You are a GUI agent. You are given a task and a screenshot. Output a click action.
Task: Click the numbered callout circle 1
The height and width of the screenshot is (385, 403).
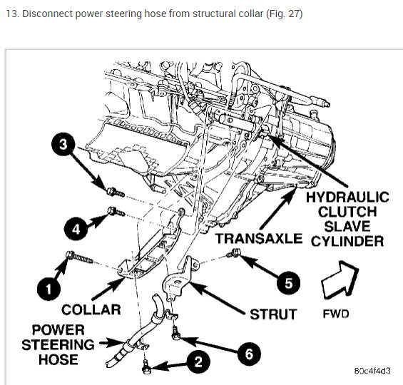pos(49,289)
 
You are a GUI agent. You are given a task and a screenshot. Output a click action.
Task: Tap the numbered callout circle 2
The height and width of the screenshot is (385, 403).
pos(198,362)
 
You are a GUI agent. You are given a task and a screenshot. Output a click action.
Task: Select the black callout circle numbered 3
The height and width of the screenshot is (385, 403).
pos(63,144)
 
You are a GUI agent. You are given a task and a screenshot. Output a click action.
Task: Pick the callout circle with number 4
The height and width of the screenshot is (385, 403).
pos(76,229)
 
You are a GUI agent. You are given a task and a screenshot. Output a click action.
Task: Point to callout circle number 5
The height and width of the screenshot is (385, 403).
pos(288,283)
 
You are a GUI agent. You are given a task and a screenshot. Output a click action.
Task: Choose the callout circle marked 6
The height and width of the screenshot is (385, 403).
pos(249,354)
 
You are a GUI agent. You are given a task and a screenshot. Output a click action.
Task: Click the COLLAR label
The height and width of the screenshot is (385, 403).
pos(91,309)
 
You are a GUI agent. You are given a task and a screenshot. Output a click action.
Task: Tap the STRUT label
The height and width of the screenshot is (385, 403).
pos(273,314)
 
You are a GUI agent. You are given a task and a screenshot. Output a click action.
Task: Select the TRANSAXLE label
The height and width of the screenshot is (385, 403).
pos(259,238)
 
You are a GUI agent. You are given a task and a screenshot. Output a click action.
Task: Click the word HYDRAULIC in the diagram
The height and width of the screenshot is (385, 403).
pos(347,197)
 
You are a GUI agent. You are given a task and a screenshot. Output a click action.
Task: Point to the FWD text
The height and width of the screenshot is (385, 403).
pos(336,314)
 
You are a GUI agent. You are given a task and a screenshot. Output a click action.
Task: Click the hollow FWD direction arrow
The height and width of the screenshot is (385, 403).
pos(339,280)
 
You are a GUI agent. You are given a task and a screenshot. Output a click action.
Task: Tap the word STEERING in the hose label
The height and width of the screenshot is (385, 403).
pos(58,344)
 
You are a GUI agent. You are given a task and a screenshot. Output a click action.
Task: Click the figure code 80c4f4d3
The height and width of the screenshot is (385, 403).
pos(372,371)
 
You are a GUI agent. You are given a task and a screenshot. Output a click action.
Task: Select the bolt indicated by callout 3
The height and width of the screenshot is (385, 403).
pos(116,192)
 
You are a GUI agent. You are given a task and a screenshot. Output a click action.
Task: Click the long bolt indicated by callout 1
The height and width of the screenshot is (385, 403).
pos(80,257)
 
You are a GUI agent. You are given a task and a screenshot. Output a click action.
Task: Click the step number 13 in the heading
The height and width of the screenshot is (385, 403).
pos(12,14)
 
